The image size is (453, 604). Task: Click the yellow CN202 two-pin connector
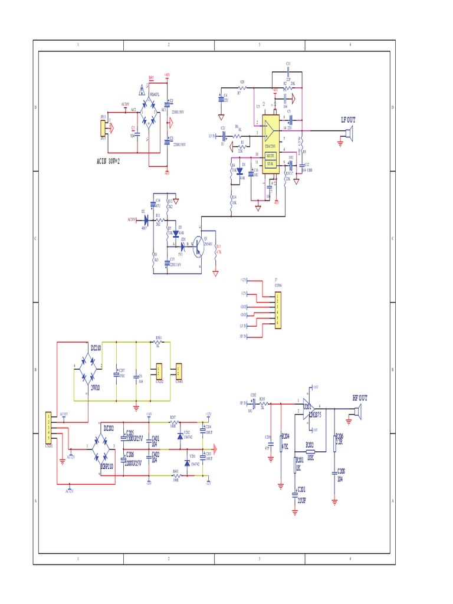(x=159, y=371)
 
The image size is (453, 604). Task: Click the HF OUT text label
(x=359, y=398)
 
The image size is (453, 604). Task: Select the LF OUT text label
(x=348, y=120)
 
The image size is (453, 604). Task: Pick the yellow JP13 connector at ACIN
(x=103, y=128)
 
